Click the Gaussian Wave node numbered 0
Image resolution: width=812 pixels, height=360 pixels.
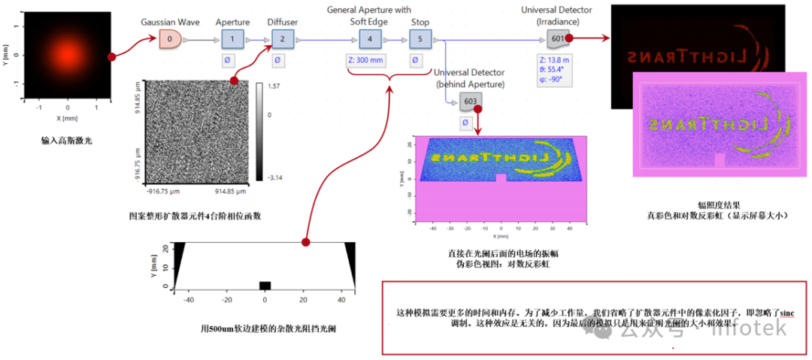point(171,38)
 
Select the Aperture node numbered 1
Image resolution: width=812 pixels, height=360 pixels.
point(233,38)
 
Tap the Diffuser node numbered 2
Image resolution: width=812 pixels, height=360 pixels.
point(282,38)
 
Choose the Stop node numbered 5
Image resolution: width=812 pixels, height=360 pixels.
point(420,38)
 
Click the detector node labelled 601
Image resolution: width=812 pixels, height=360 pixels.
point(557,38)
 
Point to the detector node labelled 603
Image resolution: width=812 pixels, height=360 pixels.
point(471,101)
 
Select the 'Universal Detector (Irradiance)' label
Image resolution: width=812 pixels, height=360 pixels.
point(557,15)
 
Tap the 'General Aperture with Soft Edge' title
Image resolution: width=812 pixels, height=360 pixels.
point(369,15)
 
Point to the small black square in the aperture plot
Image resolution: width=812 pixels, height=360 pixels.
point(265,286)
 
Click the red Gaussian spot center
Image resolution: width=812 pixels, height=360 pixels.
point(68,57)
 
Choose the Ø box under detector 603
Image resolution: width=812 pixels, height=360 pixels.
point(466,122)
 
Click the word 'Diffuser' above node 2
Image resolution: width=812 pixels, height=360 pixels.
point(282,22)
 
